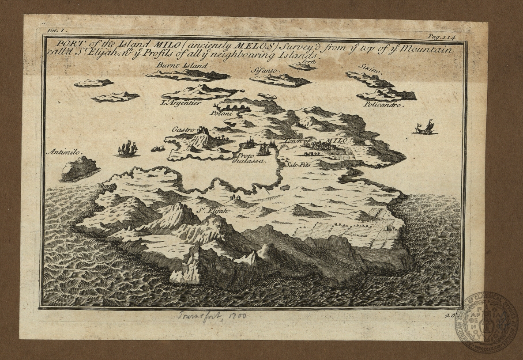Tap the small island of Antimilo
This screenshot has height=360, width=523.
79,169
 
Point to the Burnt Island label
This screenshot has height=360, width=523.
176,65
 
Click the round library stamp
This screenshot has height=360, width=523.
487,321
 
